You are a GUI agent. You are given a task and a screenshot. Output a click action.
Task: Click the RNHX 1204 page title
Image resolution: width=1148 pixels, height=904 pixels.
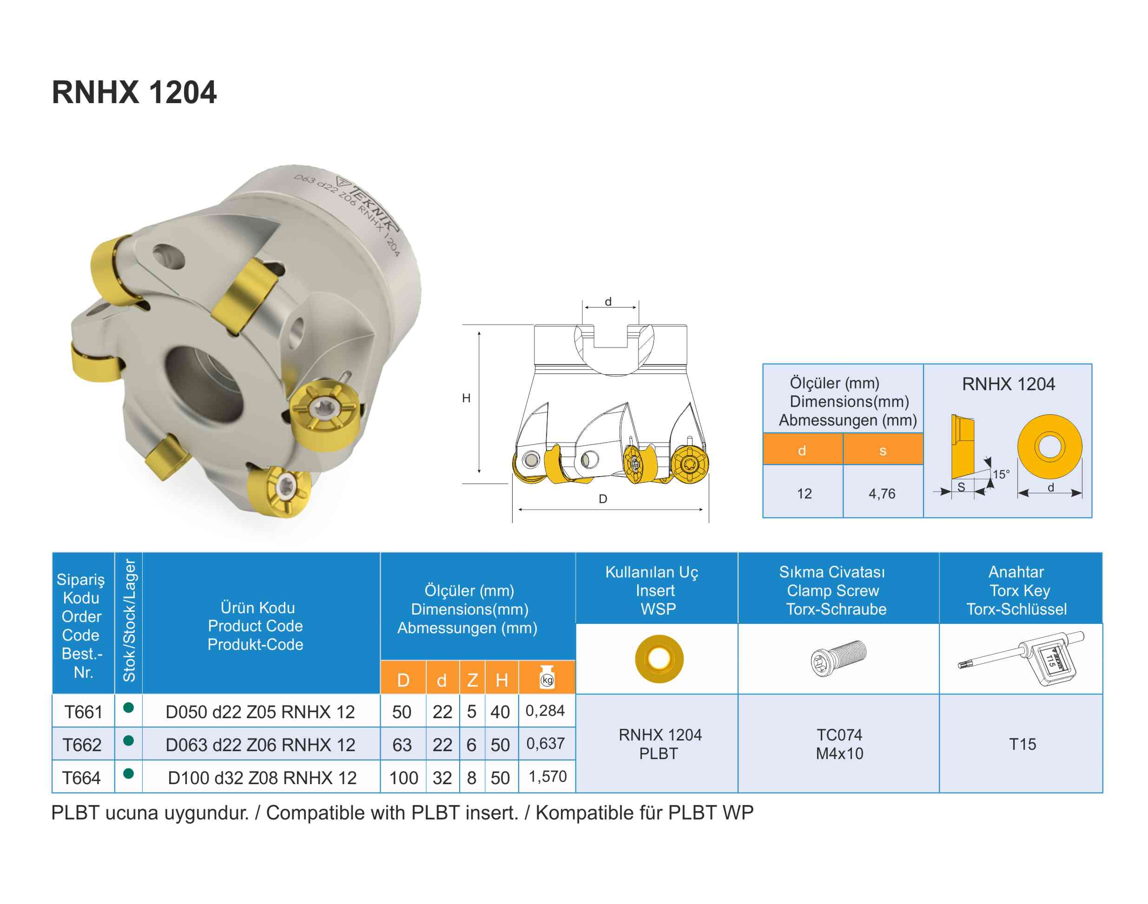tap(134, 92)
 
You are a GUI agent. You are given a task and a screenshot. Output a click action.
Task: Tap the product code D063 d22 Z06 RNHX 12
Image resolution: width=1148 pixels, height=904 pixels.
tap(260, 745)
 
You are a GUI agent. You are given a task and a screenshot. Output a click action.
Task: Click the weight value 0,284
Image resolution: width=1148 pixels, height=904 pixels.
tap(545, 710)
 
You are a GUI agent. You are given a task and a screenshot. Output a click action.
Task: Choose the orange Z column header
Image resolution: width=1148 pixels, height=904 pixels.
tap(472, 680)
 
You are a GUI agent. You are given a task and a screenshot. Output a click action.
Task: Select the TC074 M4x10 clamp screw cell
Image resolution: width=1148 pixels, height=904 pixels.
tap(839, 744)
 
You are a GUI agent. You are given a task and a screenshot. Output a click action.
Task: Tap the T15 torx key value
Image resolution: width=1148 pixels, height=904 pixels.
tap(1022, 744)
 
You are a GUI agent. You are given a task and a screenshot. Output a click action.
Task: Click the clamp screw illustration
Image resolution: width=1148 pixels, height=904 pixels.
tap(838, 658)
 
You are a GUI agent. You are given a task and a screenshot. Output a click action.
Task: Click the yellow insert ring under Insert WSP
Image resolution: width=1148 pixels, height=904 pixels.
tap(659, 658)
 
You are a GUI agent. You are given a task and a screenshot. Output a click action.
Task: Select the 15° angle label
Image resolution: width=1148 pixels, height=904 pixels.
tap(1000, 474)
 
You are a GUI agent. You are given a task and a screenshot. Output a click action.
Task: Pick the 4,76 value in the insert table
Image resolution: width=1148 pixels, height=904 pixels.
tap(882, 494)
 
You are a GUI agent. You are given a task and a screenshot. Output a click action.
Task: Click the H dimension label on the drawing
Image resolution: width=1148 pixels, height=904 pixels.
tap(466, 398)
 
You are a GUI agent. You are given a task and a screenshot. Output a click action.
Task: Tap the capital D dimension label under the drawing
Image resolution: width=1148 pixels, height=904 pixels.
tap(603, 498)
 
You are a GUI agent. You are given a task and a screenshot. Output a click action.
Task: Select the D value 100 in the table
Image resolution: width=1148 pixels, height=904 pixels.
tap(403, 778)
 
